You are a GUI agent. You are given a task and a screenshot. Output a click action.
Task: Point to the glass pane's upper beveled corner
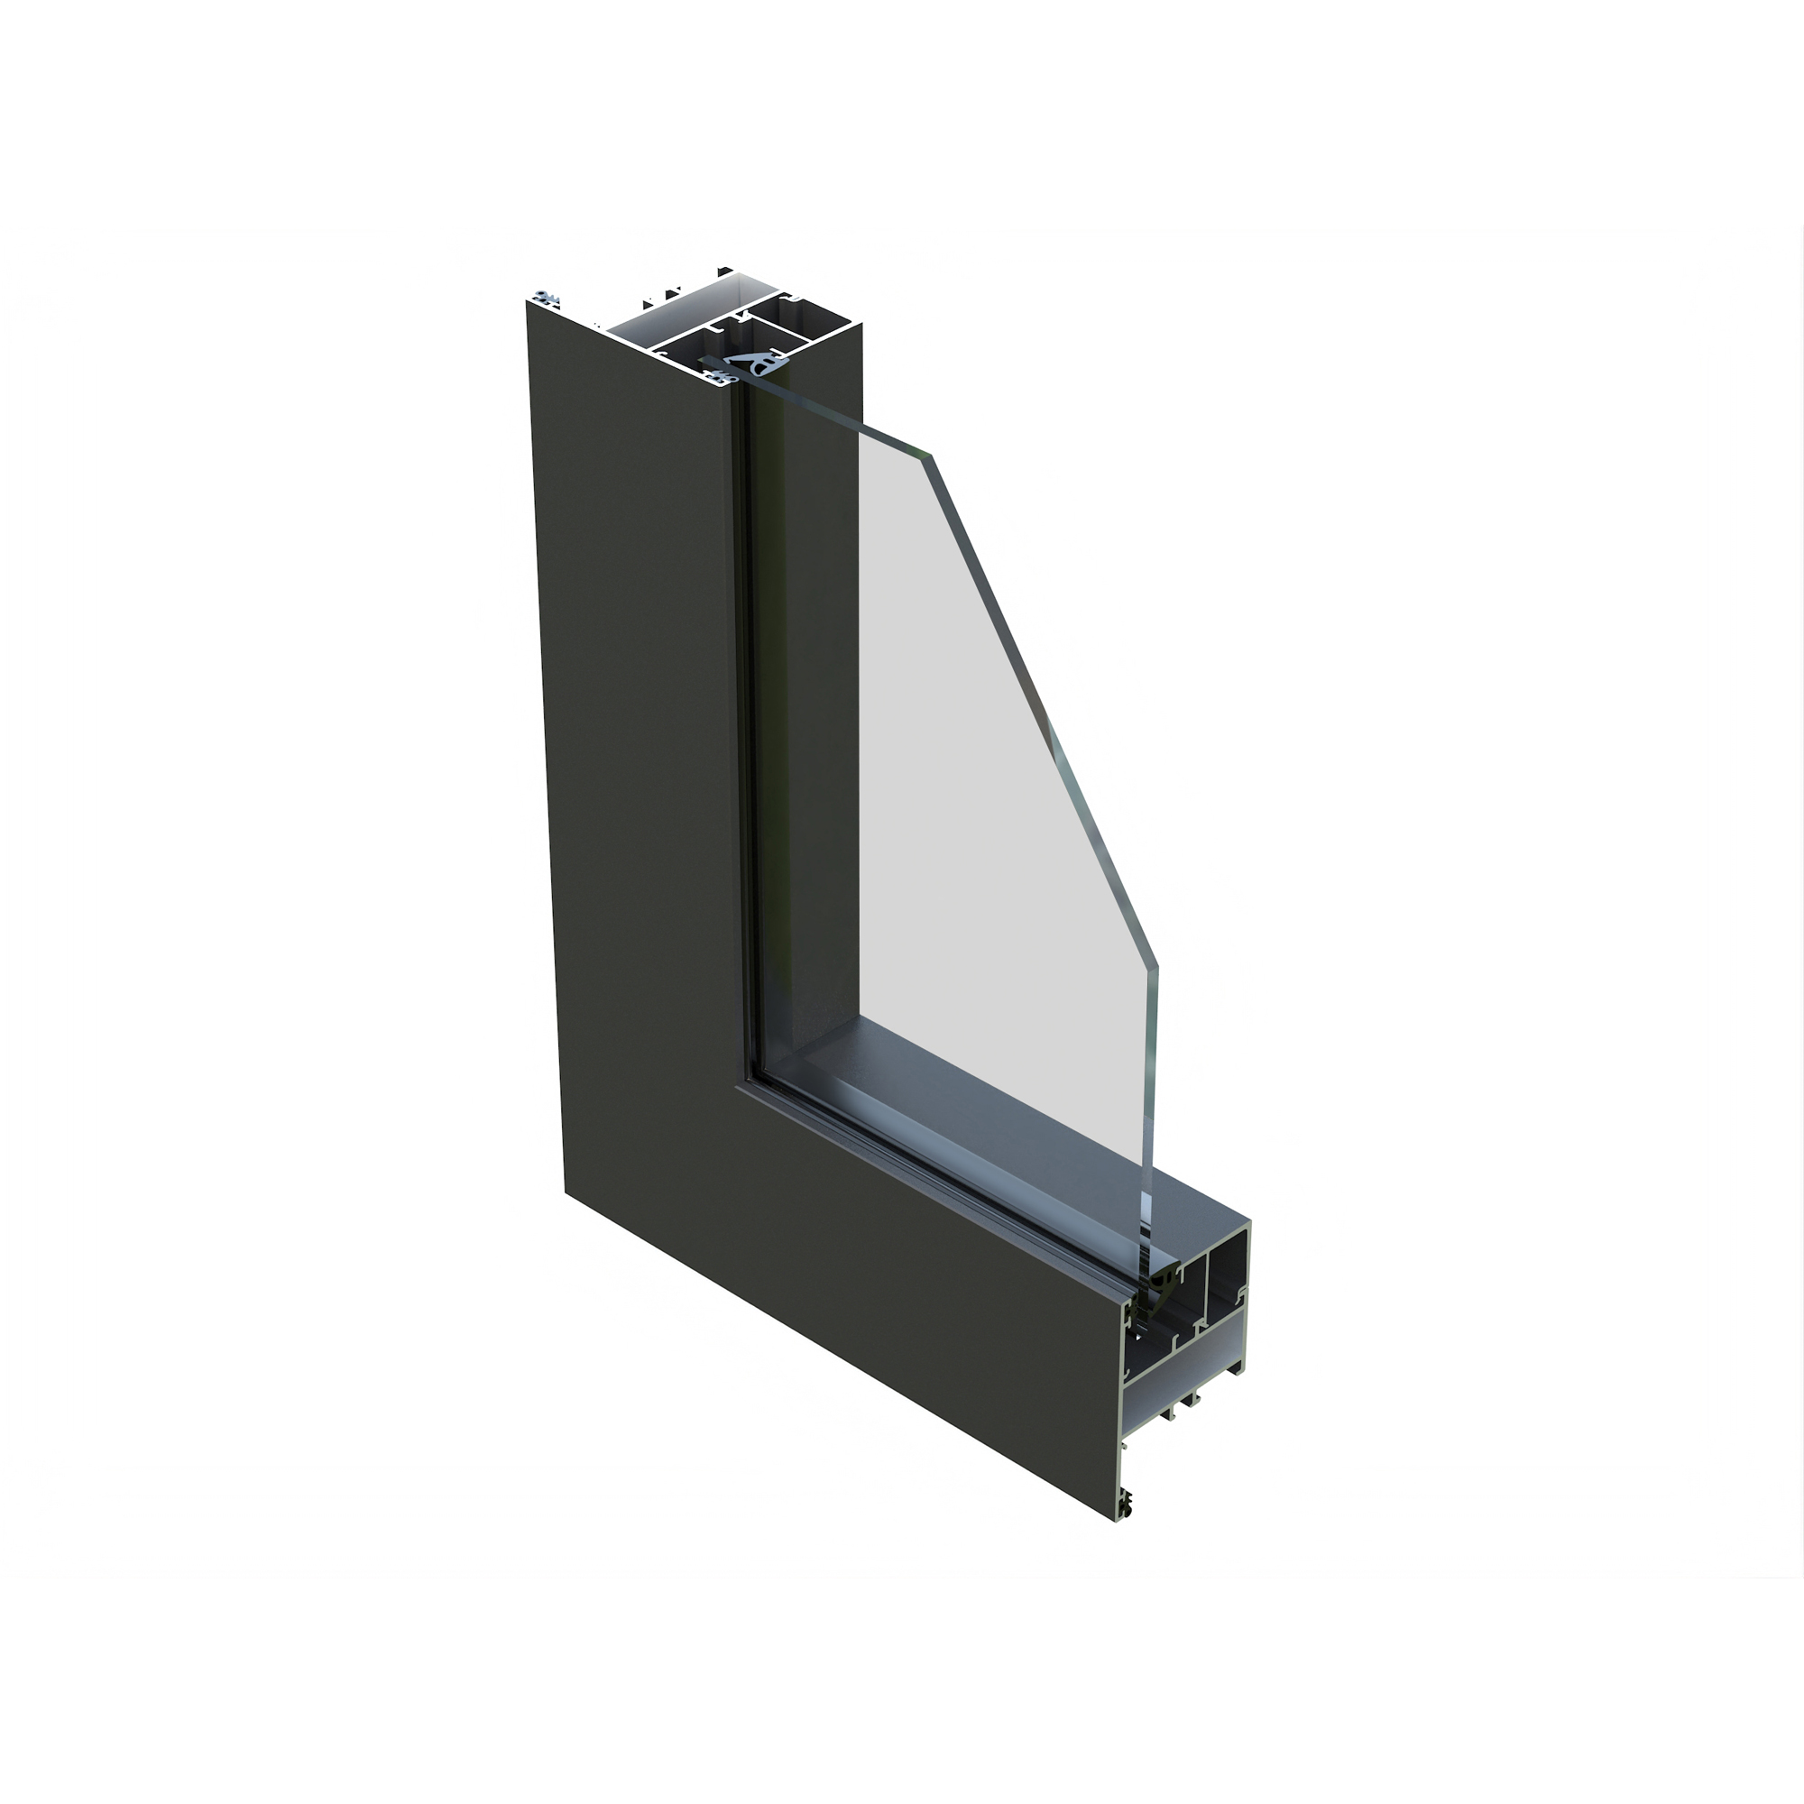930,455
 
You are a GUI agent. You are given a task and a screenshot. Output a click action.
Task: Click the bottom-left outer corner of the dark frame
565,1192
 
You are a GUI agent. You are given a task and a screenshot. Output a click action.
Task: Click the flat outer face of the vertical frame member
635,747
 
